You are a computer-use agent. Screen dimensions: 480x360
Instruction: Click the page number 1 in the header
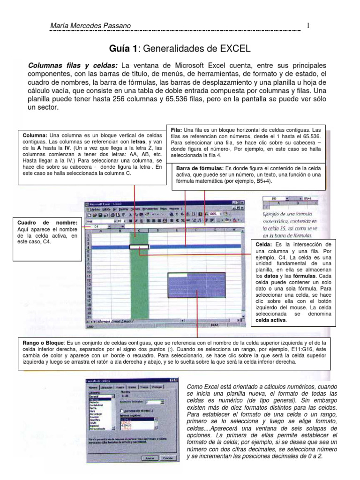coord(308,25)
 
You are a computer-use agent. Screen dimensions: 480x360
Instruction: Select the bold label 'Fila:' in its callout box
coord(176,130)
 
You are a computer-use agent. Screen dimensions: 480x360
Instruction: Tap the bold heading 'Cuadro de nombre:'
coord(47,222)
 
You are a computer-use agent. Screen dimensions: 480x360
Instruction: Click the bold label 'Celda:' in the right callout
coord(265,245)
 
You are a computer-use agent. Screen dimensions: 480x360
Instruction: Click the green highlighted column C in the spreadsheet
coord(140,281)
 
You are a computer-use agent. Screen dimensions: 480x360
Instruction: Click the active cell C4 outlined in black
coord(140,246)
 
